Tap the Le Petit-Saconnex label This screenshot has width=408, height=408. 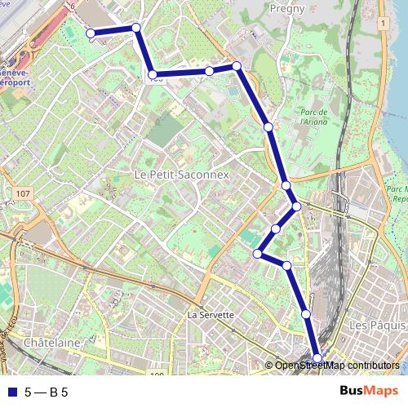(181, 175)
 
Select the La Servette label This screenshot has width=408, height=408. (211, 314)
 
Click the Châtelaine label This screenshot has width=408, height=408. (52, 343)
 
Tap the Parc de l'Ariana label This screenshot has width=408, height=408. (313, 117)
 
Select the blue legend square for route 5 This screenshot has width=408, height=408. (10, 392)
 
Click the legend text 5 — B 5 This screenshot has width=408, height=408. (46, 392)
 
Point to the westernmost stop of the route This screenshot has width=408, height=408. (91, 33)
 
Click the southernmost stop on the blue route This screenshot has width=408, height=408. (317, 358)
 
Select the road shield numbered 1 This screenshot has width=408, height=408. (381, 24)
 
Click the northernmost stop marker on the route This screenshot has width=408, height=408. (136, 28)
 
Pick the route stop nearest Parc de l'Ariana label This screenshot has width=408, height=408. (268, 126)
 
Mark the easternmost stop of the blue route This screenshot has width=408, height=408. (317, 358)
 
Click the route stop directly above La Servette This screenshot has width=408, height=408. (258, 254)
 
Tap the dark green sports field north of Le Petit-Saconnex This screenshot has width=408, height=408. (166, 130)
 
